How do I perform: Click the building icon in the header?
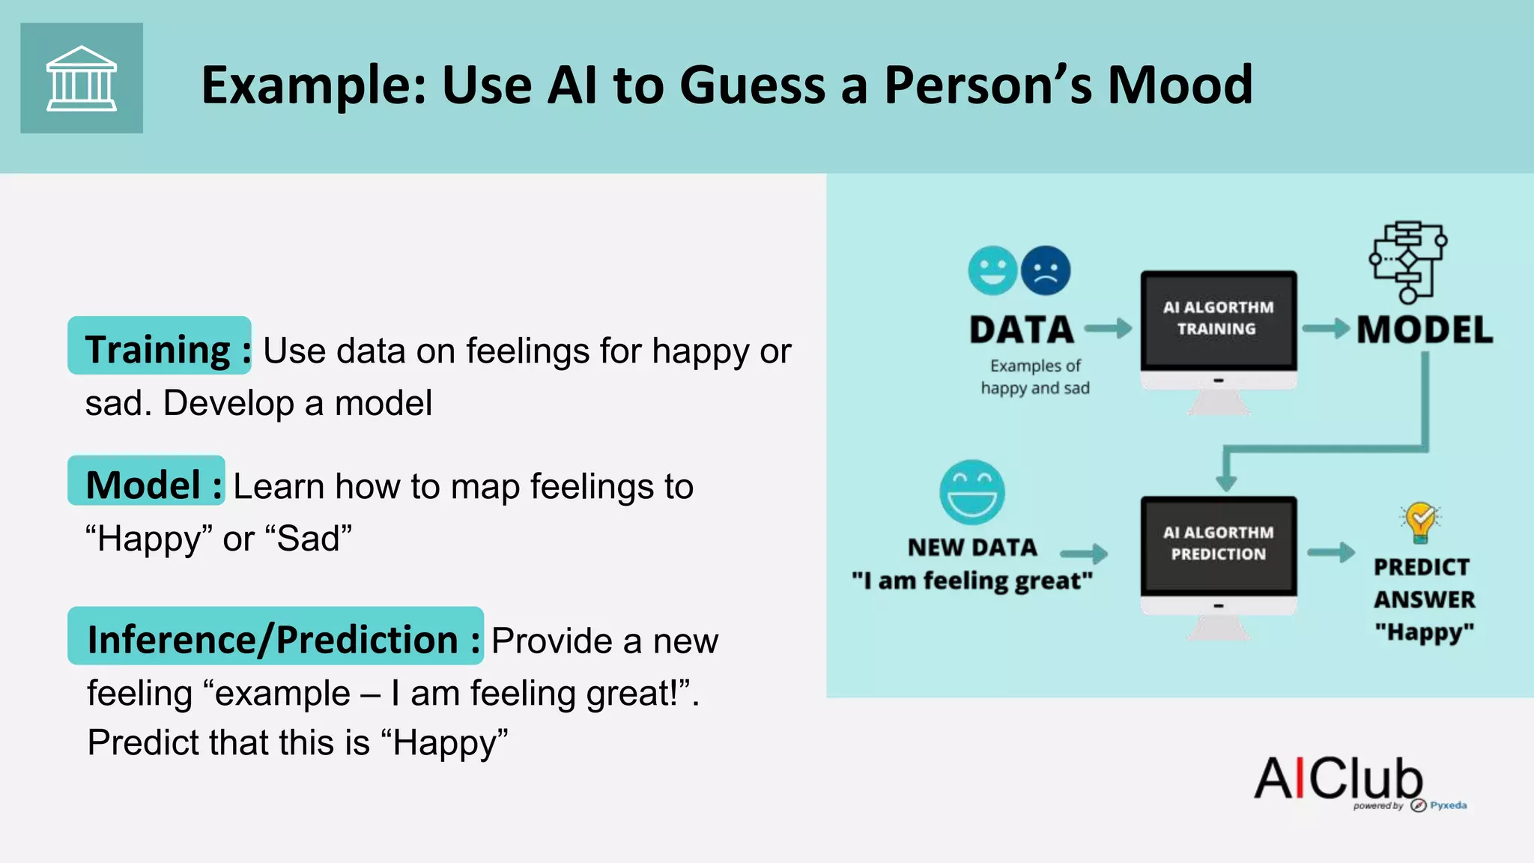[x=82, y=79]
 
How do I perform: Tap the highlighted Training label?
[x=160, y=347]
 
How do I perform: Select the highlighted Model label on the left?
[x=147, y=482]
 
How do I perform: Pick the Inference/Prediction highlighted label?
[x=276, y=638]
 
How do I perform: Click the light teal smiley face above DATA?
[x=992, y=271]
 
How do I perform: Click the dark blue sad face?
[x=1046, y=271]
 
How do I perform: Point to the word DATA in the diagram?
[x=1022, y=330]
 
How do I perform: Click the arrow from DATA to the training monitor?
[x=1108, y=328]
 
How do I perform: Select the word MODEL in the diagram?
[x=1425, y=330]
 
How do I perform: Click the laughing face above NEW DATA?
[x=972, y=492]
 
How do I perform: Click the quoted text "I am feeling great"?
[x=972, y=581]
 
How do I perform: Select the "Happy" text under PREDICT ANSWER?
[x=1424, y=632]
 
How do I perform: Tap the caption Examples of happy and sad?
[x=1035, y=377]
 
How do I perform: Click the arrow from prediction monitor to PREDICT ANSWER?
[x=1330, y=553]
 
